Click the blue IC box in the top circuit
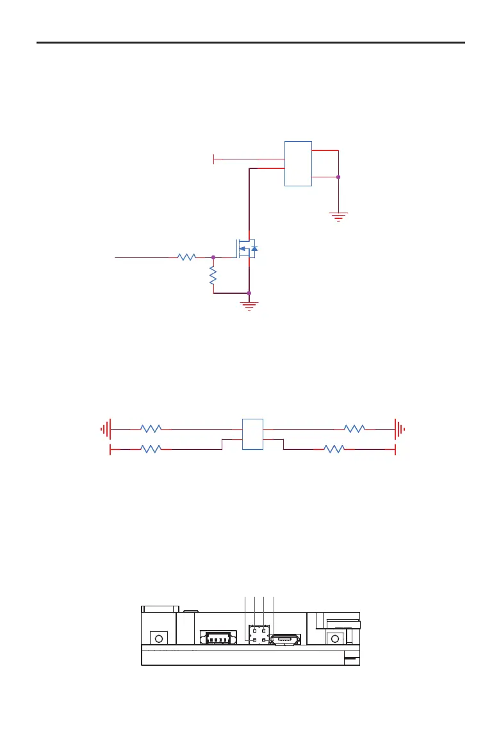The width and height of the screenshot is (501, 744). tap(298, 163)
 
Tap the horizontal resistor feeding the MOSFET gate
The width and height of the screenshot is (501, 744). tap(186, 257)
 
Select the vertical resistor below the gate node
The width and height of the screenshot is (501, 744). tap(213, 276)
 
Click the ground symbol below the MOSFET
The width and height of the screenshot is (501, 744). tap(249, 303)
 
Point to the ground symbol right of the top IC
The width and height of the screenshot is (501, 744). tap(338, 216)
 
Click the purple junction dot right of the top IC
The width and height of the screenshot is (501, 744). tap(338, 177)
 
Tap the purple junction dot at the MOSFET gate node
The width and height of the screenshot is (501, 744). tap(213, 257)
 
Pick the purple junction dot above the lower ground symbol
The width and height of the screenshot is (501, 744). tap(249, 293)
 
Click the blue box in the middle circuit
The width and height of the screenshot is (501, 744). tap(252, 434)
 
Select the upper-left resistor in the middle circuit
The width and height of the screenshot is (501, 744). tap(151, 428)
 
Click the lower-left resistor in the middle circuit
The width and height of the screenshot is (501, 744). tap(151, 449)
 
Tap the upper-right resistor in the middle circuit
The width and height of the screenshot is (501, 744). tap(354, 428)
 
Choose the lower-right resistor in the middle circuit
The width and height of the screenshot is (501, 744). tap(334, 449)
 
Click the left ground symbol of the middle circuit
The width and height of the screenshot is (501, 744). tap(106, 428)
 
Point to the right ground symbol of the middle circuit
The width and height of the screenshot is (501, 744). tap(400, 428)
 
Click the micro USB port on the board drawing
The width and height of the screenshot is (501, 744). tap(284, 640)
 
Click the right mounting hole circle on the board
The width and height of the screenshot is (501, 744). tap(334, 638)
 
